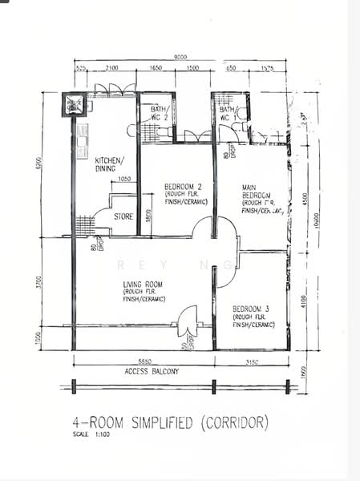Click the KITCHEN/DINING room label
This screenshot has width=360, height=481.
pos(109,164)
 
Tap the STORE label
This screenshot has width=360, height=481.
pos(123,216)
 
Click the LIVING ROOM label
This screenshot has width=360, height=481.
pos(144,284)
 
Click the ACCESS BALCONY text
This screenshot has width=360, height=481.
pos(152,372)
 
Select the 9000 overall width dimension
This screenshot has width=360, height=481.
pos(180,56)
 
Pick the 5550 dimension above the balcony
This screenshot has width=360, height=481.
pos(144,362)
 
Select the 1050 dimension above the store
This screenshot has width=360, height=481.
pos(123,180)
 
